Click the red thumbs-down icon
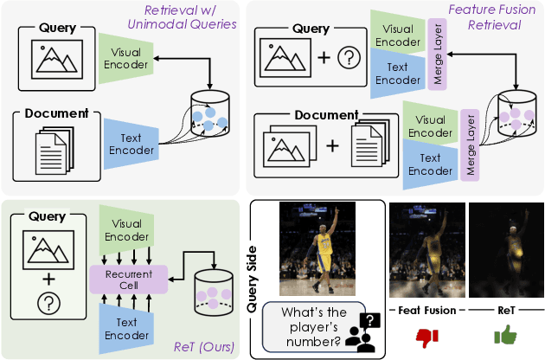423,335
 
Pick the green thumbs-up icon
503,335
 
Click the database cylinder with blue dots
210,113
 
